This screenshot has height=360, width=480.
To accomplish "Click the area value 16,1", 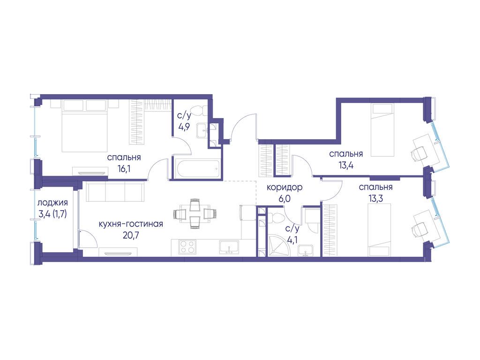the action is click(x=124, y=169).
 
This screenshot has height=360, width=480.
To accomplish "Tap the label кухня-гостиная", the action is click(x=131, y=224).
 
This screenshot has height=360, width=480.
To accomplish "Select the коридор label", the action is click(x=285, y=187).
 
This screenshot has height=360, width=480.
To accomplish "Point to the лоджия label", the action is click(x=52, y=203).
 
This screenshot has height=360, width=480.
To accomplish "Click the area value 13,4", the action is click(x=346, y=165).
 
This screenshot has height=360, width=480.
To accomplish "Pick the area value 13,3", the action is click(x=375, y=199).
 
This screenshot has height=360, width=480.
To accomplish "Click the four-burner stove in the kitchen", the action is click(x=187, y=247).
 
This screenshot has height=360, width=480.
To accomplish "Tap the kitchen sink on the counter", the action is click(x=229, y=247).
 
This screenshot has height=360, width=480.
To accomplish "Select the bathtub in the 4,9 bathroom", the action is click(x=197, y=169).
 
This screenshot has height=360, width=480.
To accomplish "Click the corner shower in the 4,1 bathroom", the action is click(x=277, y=245).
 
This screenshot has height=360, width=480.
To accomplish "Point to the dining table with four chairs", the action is click(x=195, y=213).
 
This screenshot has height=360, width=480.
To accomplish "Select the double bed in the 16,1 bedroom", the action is click(x=85, y=126).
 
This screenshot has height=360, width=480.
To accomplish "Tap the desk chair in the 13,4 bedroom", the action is click(x=419, y=153).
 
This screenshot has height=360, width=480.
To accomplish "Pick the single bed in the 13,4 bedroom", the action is click(x=382, y=130).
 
